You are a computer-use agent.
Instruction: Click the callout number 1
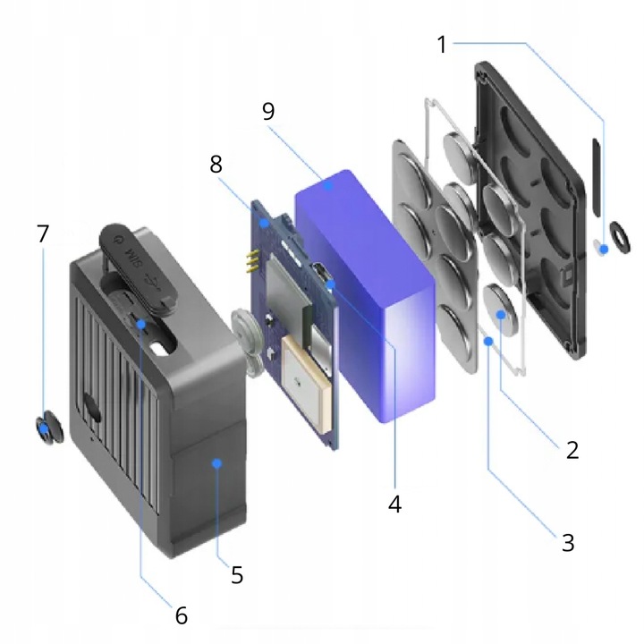click(x=441, y=42)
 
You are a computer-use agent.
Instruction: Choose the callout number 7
click(x=42, y=235)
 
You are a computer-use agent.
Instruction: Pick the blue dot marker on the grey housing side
click(x=216, y=462)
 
